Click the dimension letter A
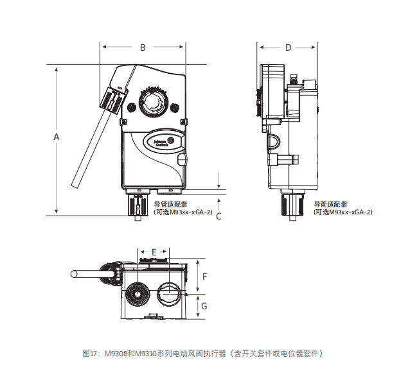tap(57, 137)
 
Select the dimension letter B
tap(143, 47)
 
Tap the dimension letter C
tap(218, 216)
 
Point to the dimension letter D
tap(289, 47)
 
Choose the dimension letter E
tap(154, 252)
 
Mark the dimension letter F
tap(204, 277)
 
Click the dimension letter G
tap(204, 306)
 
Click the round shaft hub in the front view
tap(154, 102)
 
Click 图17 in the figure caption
tap(90, 353)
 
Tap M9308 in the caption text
tap(114, 353)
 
